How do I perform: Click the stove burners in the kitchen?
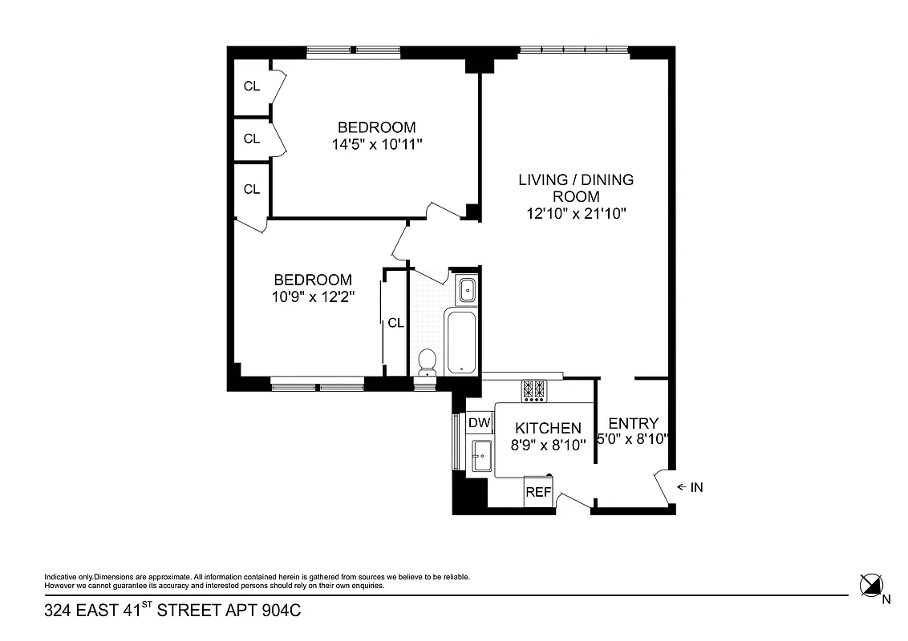click(x=534, y=390)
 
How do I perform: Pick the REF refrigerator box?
click(x=538, y=492)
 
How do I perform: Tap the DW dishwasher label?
click(x=479, y=423)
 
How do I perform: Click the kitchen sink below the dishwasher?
click(x=482, y=456)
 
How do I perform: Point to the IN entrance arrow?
click(x=689, y=486)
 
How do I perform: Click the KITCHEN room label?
click(x=548, y=429)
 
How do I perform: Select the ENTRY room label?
click(x=634, y=423)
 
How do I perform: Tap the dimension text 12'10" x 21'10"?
click(x=576, y=213)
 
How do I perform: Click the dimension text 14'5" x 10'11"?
click(x=376, y=144)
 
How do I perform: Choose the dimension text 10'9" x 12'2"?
click(x=313, y=296)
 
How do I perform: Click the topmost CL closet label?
click(x=252, y=87)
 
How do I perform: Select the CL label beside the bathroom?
click(x=395, y=323)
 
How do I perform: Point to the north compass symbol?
click(x=870, y=586)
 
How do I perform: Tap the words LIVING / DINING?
click(x=576, y=179)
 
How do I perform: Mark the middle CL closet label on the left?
click(x=252, y=139)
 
